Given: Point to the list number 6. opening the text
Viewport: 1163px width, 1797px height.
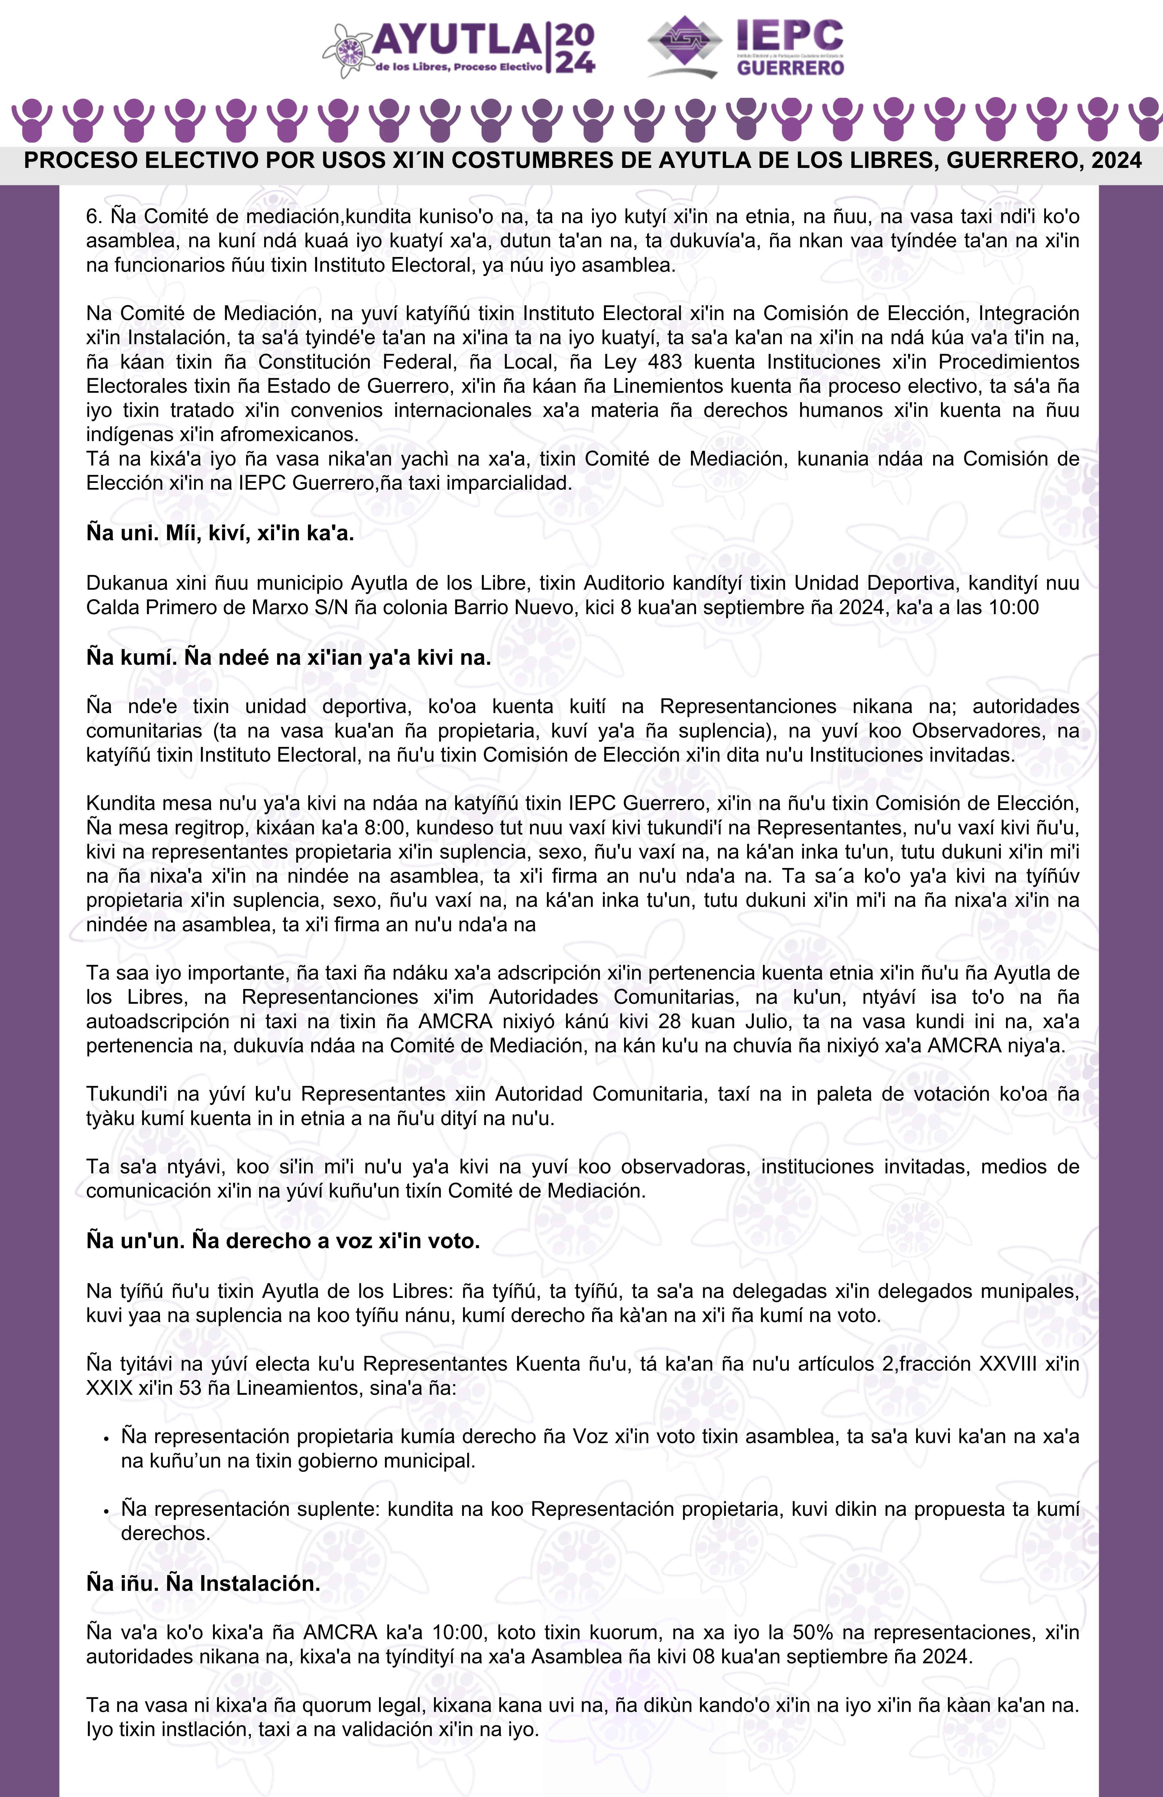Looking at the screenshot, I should [x=94, y=217].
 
